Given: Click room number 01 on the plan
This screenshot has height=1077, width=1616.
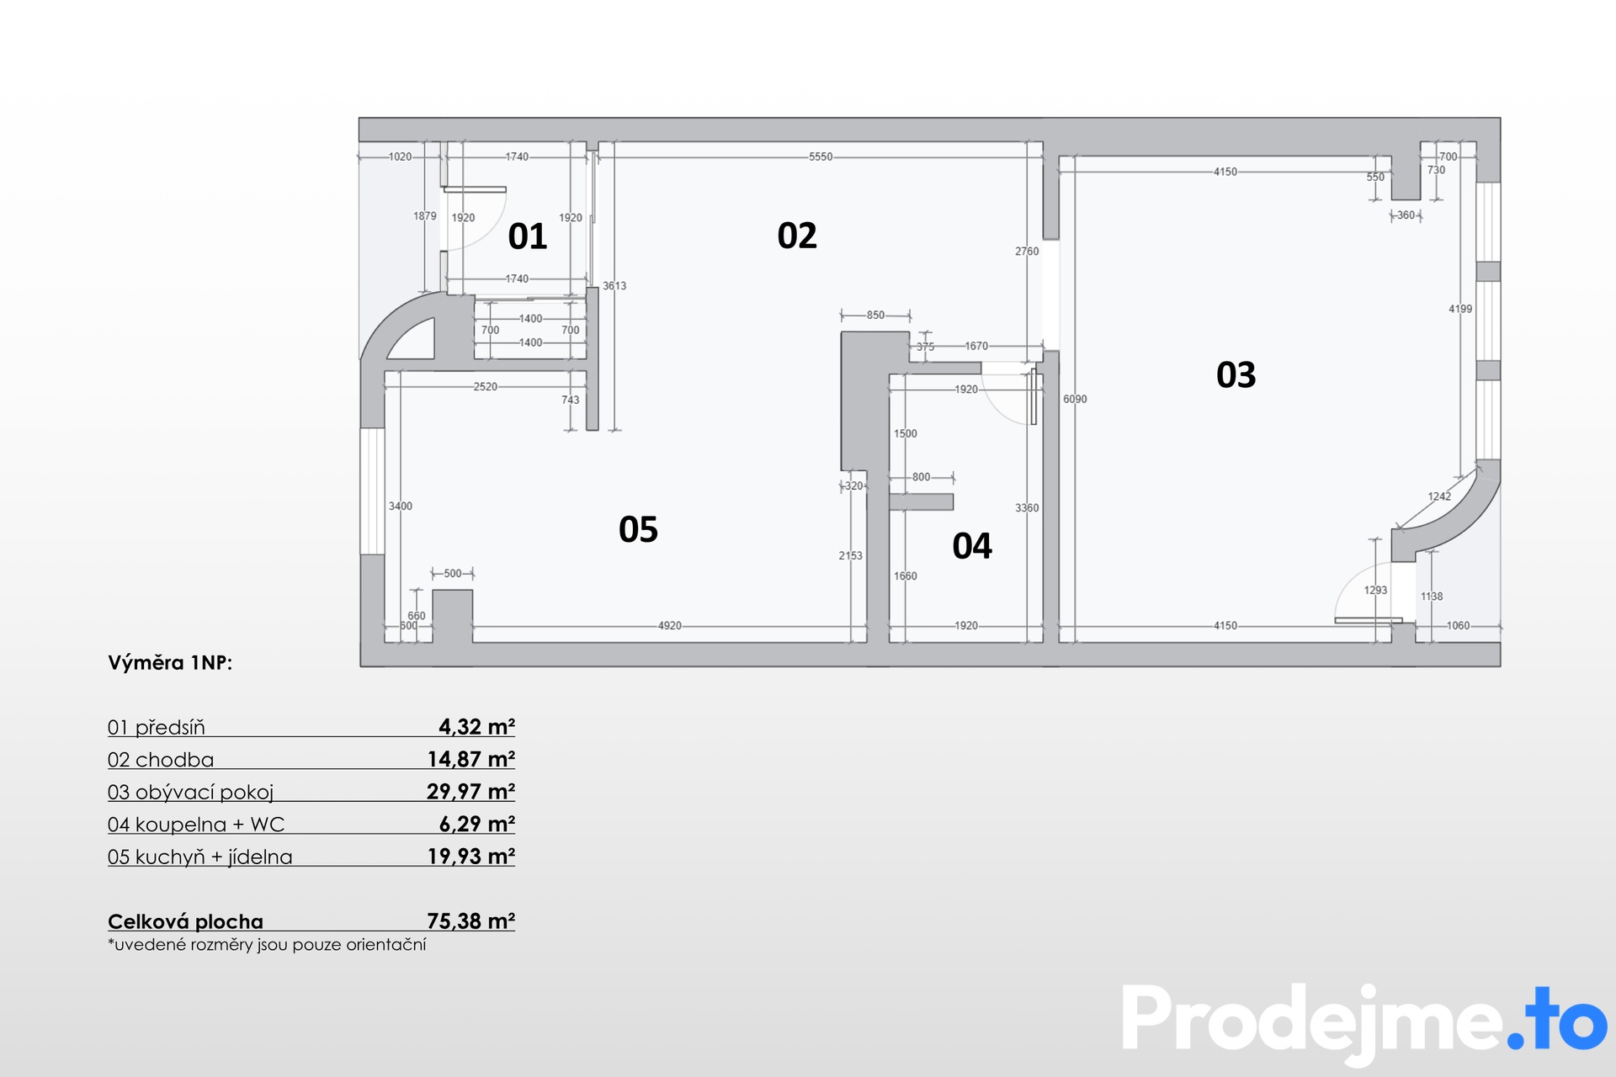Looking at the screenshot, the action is [x=528, y=236].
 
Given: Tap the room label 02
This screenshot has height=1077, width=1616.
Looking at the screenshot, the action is [x=797, y=236].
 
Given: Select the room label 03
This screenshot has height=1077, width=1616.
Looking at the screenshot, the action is [x=1236, y=374].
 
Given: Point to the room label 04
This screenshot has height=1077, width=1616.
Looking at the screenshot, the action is [x=972, y=546].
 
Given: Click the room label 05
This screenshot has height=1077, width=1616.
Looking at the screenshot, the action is [x=638, y=529].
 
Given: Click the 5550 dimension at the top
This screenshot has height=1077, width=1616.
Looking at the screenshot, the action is [x=821, y=157].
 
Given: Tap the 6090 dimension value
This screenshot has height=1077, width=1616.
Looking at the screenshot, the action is [x=1075, y=399].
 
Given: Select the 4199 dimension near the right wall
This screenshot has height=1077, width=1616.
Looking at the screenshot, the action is [x=1460, y=309].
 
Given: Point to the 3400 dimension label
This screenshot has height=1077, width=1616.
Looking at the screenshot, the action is [x=401, y=506].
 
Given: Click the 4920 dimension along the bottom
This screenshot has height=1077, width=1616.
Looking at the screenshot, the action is [x=670, y=625].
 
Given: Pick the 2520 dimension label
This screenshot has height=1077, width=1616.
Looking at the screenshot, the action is [x=486, y=386].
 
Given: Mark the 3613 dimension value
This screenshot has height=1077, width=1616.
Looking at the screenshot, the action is [x=614, y=286].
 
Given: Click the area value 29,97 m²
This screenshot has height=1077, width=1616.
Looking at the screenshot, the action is [x=470, y=791].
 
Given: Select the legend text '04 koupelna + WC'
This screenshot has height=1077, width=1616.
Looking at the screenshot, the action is [x=196, y=825].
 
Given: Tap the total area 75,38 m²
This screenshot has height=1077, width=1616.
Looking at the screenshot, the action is [x=470, y=920].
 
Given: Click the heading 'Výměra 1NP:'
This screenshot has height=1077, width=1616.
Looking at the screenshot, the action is [x=170, y=663].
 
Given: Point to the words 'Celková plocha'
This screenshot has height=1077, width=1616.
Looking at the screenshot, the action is [x=185, y=921].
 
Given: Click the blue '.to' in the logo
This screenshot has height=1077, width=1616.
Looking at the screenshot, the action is [x=1557, y=1018].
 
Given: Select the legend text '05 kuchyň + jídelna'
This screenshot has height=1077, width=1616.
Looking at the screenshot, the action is [x=200, y=857].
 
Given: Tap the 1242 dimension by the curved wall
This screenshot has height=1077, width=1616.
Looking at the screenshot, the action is [x=1439, y=496].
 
